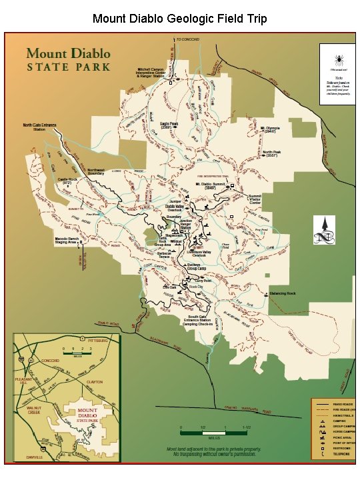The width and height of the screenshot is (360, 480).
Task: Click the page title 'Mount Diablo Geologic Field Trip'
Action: (x=180, y=19)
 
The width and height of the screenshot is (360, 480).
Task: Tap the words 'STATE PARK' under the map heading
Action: (x=69, y=67)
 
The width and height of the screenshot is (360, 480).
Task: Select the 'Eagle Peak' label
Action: (x=169, y=124)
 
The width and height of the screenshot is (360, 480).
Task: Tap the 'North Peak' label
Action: (x=271, y=153)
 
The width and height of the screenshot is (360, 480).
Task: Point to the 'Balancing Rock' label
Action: (x=283, y=293)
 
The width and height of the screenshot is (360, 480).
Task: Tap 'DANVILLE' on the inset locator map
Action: (x=35, y=458)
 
